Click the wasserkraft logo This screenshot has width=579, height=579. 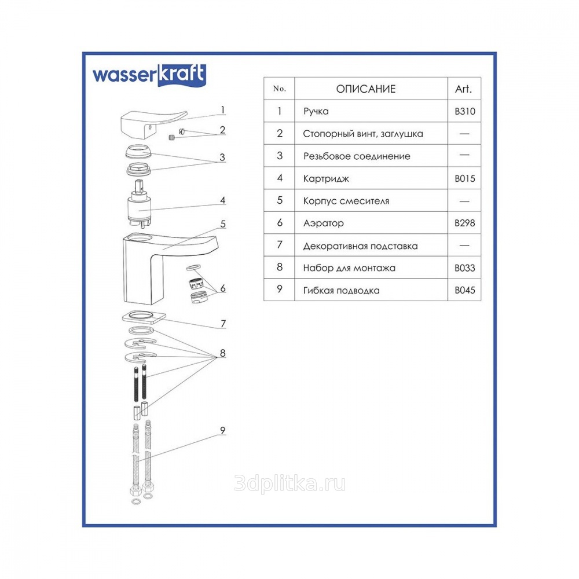click(149, 75)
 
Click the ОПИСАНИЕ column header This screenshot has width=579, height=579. click(365, 89)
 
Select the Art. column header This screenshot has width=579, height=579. click(463, 89)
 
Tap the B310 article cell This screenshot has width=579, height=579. click(464, 111)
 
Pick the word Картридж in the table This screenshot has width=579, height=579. click(326, 179)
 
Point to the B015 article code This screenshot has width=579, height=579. click(464, 179)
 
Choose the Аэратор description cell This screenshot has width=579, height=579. click(324, 223)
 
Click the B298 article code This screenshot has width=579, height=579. click(464, 223)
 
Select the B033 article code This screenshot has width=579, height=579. click(464, 267)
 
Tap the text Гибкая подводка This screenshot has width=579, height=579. click(341, 291)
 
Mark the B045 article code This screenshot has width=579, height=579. click(464, 290)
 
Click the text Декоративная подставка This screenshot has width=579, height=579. click(360, 246)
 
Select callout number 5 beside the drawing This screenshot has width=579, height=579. click(223, 223)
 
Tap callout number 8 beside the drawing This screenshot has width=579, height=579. click(223, 353)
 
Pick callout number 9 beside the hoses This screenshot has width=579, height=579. click(223, 431)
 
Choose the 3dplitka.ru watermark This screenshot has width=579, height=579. click(290, 483)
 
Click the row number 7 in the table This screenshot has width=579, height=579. click(280, 245)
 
